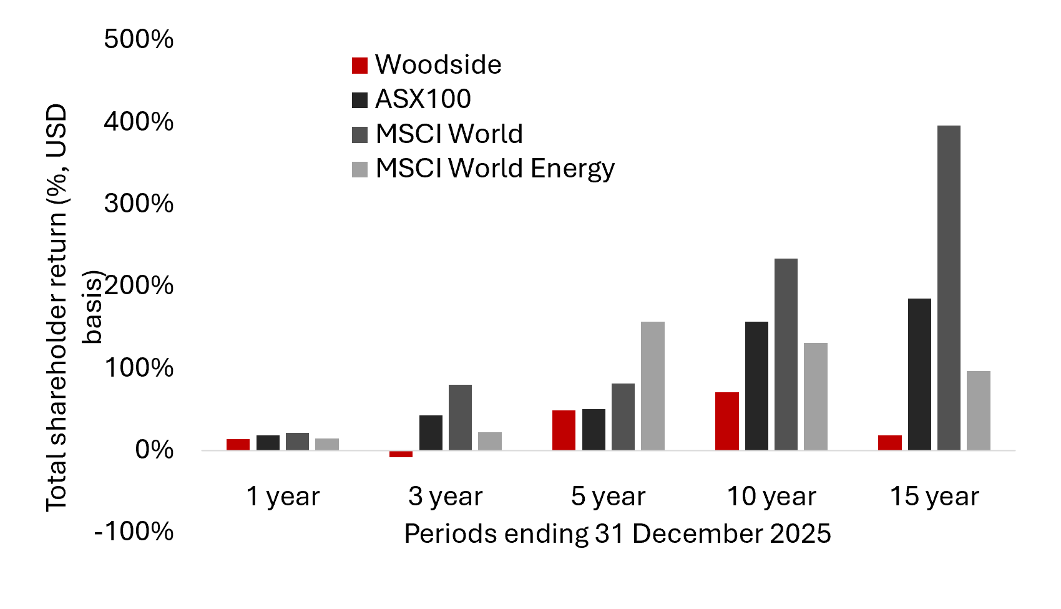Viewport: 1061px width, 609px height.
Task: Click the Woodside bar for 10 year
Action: (726, 421)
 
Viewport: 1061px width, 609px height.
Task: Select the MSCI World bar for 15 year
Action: (949, 287)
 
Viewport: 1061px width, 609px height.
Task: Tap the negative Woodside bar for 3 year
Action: (401, 454)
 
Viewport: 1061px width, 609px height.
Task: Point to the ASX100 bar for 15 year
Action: (919, 374)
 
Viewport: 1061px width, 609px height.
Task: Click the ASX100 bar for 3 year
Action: (431, 433)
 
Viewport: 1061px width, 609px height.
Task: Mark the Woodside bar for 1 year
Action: (238, 445)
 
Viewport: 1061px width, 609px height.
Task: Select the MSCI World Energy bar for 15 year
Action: (978, 410)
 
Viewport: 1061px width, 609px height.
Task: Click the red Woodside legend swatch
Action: (360, 65)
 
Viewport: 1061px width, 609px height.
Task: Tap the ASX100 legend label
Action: (423, 99)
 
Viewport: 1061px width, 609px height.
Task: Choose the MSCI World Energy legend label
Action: (495, 169)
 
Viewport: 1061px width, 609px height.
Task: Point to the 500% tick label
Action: (139, 39)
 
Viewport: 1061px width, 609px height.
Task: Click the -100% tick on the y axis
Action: (134, 532)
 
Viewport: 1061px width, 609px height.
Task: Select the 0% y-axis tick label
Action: (154, 450)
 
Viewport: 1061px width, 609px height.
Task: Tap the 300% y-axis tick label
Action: (139, 204)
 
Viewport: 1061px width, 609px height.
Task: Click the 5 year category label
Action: (608, 497)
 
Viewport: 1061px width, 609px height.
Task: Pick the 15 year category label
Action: (934, 497)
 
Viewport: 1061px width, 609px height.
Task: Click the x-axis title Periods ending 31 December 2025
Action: (617, 534)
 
